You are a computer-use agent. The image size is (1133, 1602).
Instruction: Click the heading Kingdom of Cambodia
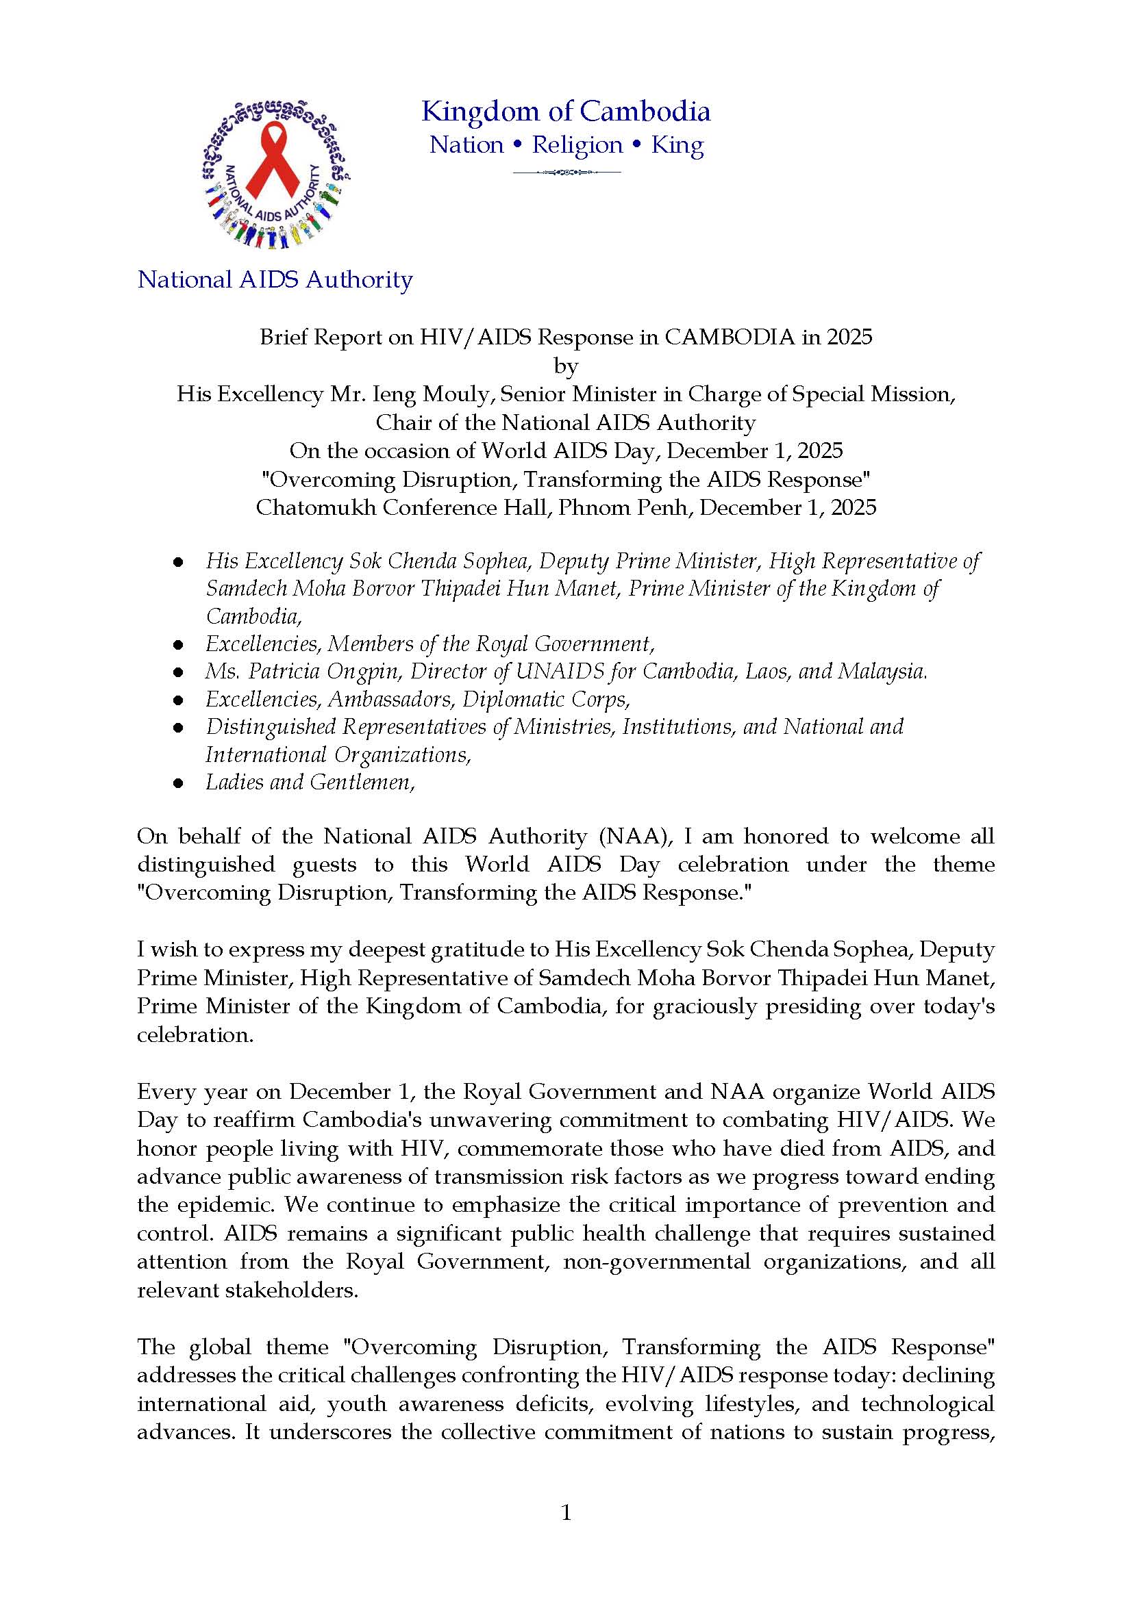pyautogui.click(x=565, y=112)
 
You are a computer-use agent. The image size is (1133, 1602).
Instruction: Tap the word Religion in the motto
pyautogui.click(x=577, y=145)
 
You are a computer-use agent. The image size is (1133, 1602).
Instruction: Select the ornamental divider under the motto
pyautogui.click(x=566, y=173)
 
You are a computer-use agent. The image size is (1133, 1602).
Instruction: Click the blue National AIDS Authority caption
pyautogui.click(x=275, y=280)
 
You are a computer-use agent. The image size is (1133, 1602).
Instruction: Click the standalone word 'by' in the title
pyautogui.click(x=565, y=366)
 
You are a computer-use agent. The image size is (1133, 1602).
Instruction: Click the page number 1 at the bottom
pyautogui.click(x=566, y=1514)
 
